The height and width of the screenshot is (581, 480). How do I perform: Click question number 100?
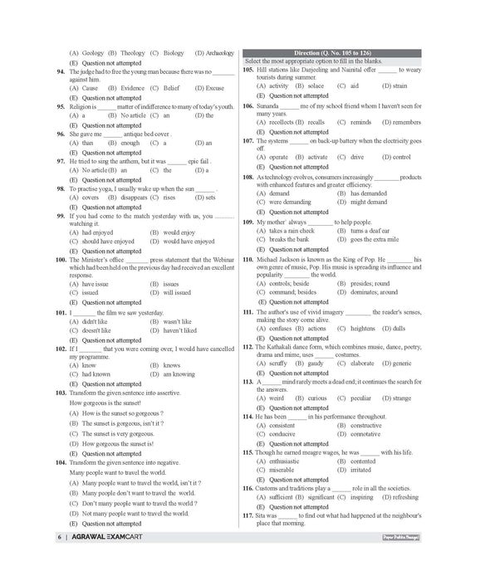(61, 259)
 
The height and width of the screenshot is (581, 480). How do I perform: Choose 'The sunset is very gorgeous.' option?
(117, 433)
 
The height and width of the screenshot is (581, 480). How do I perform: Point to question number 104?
(61, 461)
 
